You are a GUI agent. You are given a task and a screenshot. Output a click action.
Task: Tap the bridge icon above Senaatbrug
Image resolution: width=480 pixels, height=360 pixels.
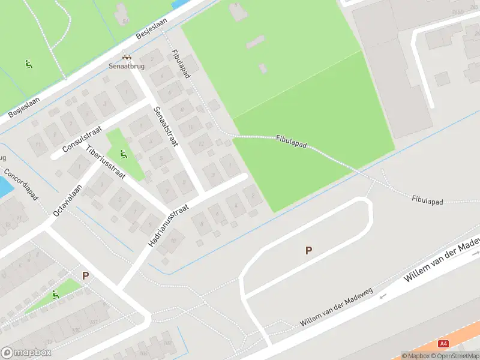127,56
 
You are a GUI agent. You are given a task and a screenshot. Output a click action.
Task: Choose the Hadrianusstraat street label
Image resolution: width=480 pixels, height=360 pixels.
169,225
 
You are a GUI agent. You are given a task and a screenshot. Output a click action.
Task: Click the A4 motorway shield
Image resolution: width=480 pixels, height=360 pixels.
443,344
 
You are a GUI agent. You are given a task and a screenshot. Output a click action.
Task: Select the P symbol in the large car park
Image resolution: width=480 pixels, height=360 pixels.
308,251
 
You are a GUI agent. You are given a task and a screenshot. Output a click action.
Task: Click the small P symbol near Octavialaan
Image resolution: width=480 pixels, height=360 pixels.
85,276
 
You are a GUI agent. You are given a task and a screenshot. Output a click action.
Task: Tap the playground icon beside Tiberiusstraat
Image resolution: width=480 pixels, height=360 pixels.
123,154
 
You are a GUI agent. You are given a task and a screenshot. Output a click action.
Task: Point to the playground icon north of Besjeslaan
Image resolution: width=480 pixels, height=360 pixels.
28,64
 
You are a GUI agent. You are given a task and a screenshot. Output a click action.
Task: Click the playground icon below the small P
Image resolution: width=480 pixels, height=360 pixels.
55,295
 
